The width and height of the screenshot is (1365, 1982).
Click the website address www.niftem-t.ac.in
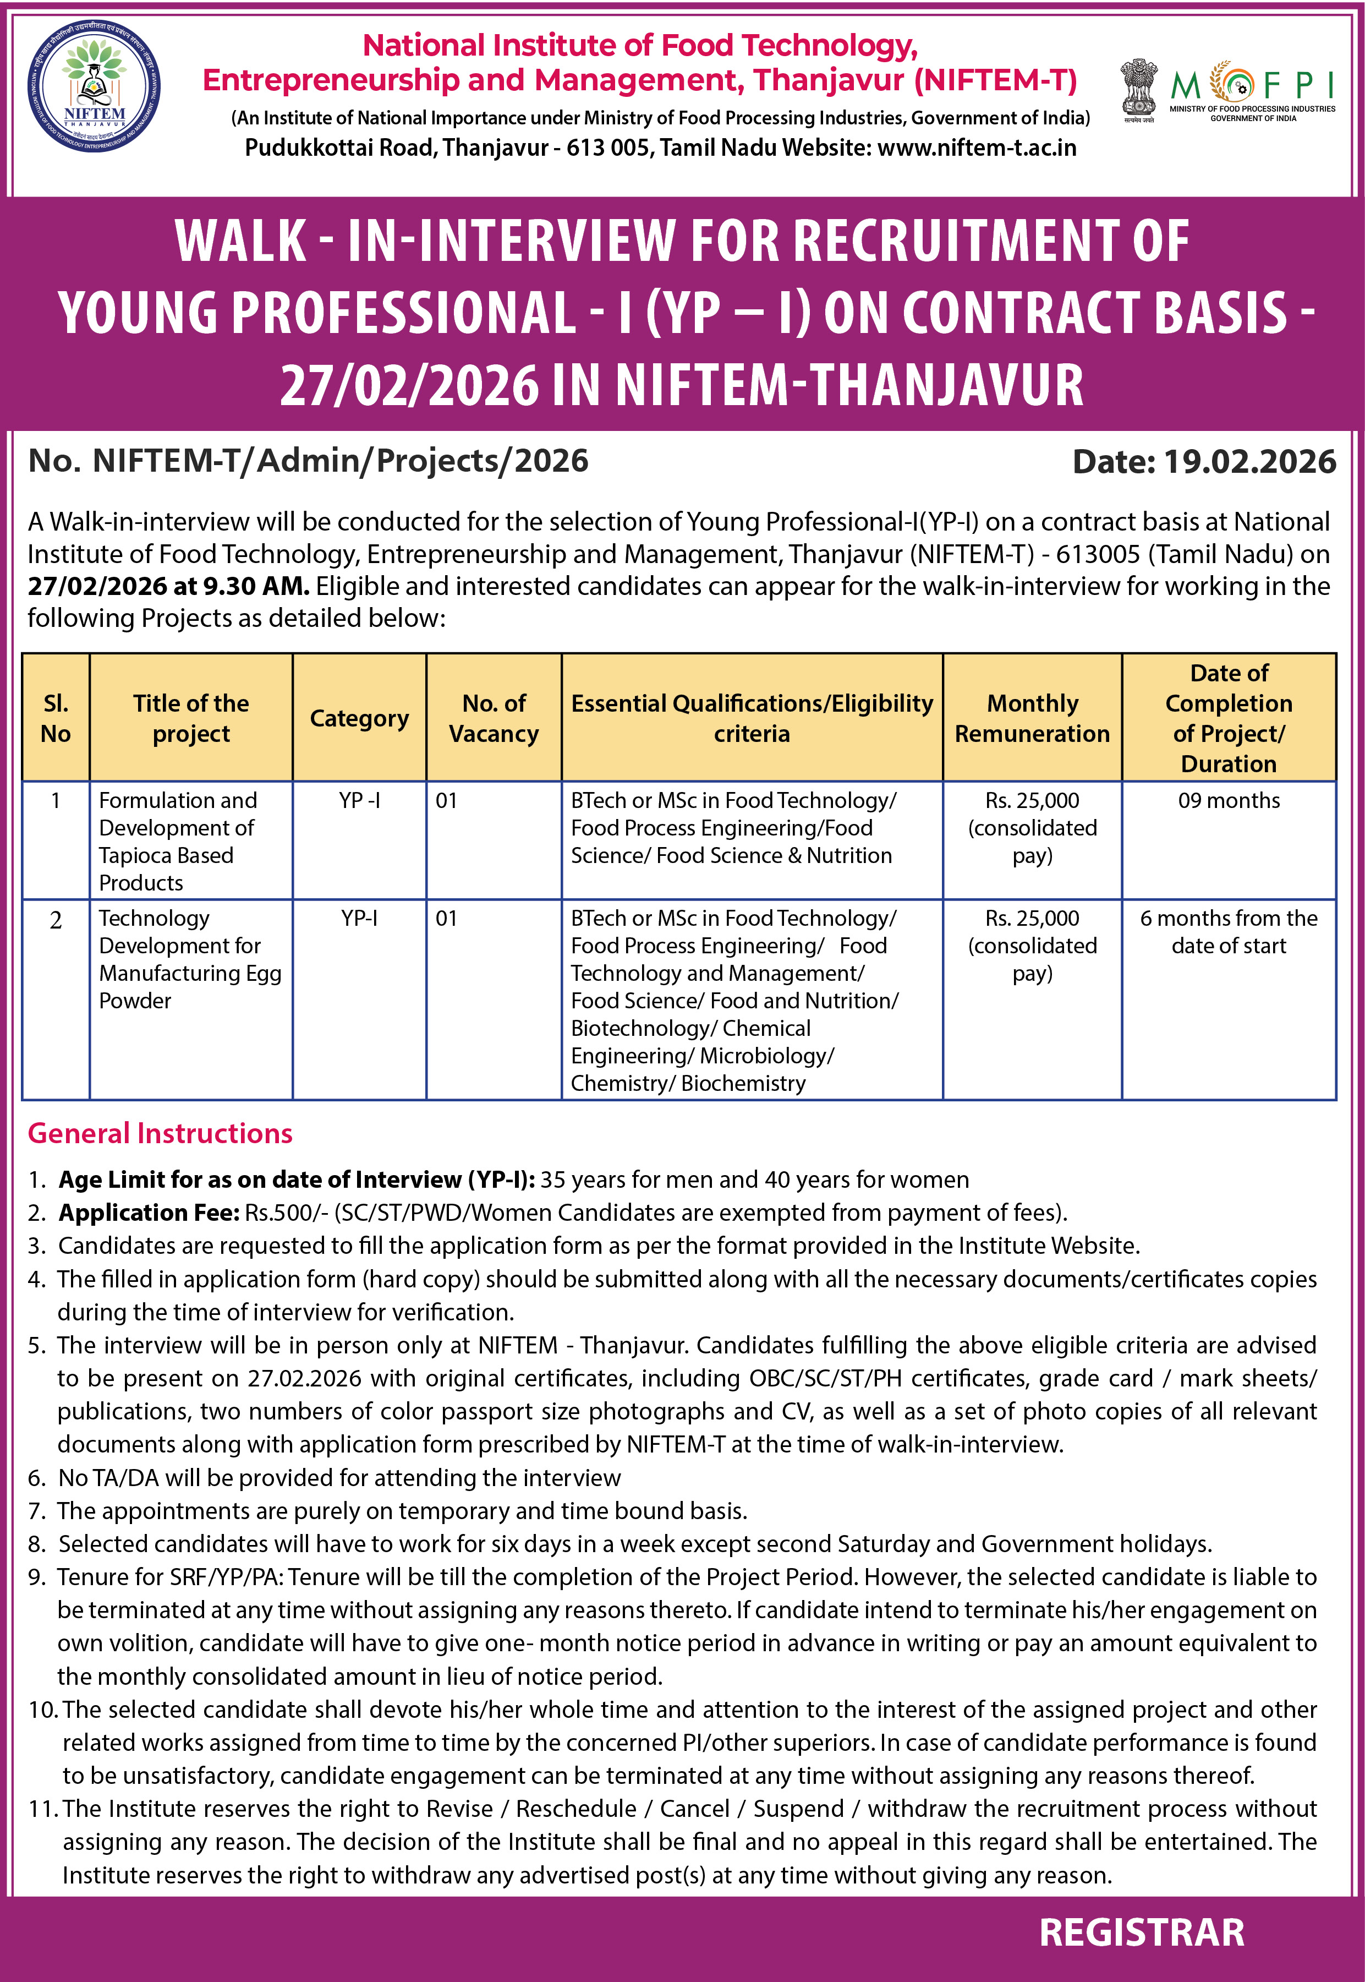tap(977, 148)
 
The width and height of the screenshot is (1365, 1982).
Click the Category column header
tap(359, 718)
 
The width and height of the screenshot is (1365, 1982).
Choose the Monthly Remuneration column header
tap(1032, 718)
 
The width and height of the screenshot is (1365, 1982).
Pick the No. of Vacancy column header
tap(494, 718)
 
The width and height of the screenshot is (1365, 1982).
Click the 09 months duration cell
tap(1228, 801)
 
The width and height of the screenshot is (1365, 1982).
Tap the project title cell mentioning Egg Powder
tap(190, 959)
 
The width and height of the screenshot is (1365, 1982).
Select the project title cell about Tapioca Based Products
tap(178, 841)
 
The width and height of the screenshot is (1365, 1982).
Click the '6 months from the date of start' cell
tap(1228, 931)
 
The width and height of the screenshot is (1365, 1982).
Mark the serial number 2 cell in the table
tap(56, 920)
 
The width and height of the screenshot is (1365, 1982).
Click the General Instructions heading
tap(160, 1133)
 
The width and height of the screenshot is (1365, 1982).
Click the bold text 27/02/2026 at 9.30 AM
tap(168, 587)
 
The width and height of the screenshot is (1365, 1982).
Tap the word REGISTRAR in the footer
tap(1141, 1932)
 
